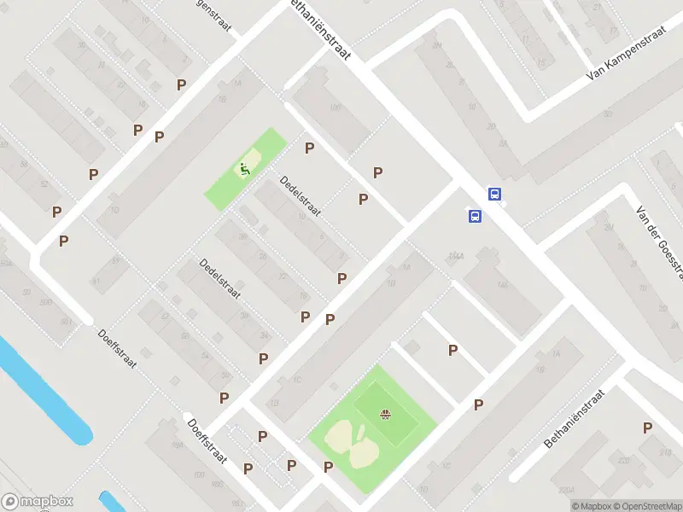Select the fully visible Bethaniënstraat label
tap(574, 420)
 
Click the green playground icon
tap(245, 169)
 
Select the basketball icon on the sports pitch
tap(385, 416)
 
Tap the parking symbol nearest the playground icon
tap(309, 148)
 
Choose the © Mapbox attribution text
tap(593, 506)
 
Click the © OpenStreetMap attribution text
tap(648, 506)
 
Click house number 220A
tap(569, 490)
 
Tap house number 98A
tap(178, 445)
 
